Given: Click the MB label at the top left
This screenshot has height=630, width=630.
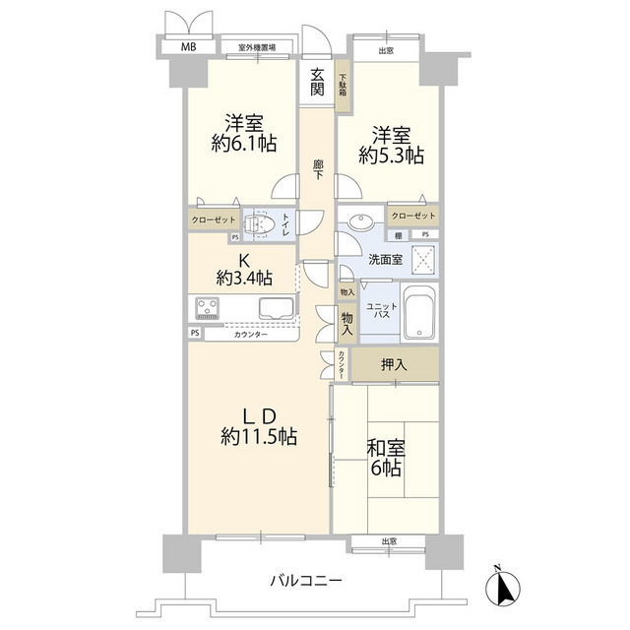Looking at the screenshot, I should pyautogui.click(x=186, y=46).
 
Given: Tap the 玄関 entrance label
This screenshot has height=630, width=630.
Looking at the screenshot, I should pyautogui.click(x=317, y=81).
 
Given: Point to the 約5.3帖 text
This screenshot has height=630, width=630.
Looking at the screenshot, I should pyautogui.click(x=391, y=155).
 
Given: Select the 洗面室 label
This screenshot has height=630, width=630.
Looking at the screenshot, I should pyautogui.click(x=385, y=260).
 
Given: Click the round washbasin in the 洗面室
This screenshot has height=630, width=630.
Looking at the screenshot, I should pyautogui.click(x=357, y=222).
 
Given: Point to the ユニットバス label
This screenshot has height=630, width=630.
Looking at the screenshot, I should pyautogui.click(x=382, y=312).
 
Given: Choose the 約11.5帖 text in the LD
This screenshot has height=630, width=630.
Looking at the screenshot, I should pyautogui.click(x=259, y=436).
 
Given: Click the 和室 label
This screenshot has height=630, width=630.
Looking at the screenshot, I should pyautogui.click(x=385, y=448).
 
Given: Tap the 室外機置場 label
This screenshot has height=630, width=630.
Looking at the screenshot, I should pyautogui.click(x=256, y=46).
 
